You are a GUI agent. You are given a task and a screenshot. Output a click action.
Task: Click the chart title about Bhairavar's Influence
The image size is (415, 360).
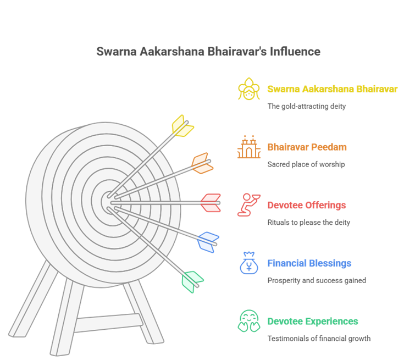[208, 52]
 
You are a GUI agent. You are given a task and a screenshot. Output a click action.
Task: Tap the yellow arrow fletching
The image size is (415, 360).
[182, 126]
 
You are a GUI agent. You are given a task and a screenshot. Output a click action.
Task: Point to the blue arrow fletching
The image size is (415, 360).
[208, 241]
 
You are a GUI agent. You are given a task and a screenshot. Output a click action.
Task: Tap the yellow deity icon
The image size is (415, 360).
[249, 89]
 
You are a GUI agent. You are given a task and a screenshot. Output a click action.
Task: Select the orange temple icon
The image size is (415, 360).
[249, 147]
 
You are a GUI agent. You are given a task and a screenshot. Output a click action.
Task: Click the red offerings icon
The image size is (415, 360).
[248, 205]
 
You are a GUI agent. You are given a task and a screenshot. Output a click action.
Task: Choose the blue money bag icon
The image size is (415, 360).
[249, 263]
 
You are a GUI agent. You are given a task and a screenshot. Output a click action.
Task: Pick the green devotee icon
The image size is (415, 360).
[249, 322]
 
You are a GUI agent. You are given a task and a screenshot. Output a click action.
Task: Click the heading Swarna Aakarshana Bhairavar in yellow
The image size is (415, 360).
[332, 89]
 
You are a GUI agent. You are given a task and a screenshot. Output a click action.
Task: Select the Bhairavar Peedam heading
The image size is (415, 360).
[307, 147]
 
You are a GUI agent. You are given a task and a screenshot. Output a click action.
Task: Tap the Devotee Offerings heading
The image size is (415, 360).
[306, 205]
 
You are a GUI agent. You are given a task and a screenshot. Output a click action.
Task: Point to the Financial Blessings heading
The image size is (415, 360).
[309, 263]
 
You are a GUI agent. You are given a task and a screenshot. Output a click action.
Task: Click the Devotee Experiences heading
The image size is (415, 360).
[312, 321]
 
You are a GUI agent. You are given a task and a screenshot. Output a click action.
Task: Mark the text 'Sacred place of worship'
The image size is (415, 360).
[306, 164]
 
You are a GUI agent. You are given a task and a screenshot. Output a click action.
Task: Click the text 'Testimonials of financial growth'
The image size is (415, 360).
[318, 339]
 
